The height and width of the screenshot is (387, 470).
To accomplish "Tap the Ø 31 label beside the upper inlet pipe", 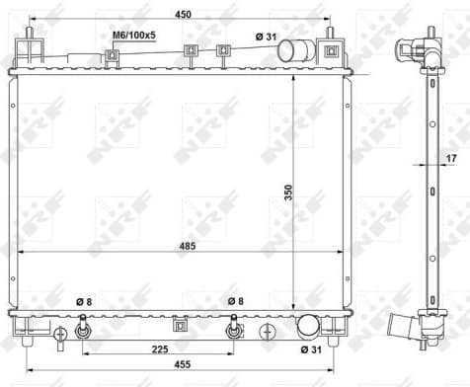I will coord(265,36).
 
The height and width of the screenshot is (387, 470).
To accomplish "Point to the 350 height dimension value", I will coord(289,193).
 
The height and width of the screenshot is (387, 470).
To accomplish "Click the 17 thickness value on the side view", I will coord(451,158).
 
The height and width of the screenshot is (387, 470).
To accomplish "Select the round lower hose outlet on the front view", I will coord(310,327).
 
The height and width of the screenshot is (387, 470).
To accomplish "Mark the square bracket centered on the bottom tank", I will coord(180,323).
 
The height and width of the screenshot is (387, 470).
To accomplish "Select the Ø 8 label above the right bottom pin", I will coord(234,300).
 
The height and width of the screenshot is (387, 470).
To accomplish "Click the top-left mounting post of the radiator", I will coord(32,51).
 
